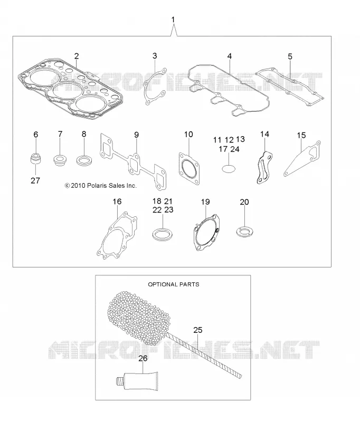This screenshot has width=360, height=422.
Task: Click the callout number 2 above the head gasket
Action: [x=77, y=56]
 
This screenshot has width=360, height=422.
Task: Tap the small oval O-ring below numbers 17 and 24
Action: [x=229, y=169]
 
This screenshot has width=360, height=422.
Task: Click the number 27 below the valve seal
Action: [x=35, y=180]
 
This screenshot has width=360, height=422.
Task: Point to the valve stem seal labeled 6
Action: [x=35, y=159]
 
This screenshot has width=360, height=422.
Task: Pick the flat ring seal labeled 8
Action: [x=84, y=161]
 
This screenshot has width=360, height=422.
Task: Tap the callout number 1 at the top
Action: [x=173, y=20]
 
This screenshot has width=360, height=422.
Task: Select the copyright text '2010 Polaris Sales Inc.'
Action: [x=101, y=186]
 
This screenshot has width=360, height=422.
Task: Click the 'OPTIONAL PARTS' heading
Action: [x=174, y=284]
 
